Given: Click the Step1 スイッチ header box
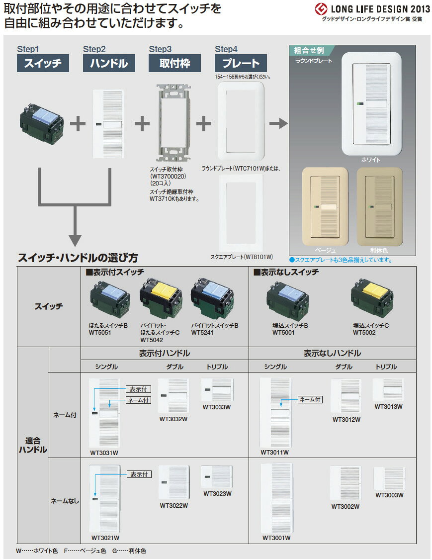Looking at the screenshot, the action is (43, 63).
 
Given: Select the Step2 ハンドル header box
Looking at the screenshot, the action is (109, 63).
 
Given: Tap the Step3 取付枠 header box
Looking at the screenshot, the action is (174, 63).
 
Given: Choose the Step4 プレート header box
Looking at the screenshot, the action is (241, 63).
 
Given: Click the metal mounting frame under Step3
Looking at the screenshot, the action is (174, 123).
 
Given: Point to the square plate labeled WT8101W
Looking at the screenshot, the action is (241, 213).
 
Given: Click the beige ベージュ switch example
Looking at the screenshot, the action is (325, 206).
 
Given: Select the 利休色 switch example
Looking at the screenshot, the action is (379, 206).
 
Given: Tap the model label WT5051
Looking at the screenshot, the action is (100, 333).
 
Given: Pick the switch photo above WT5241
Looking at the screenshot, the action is (212, 299).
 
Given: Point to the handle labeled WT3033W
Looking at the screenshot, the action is (217, 389).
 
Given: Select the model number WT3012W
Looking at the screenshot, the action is (346, 420).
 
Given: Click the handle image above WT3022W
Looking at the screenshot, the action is (174, 482).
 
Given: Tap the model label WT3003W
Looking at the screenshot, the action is (390, 495).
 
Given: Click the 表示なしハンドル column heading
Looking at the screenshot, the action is (332, 353).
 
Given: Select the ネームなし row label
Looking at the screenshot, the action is (65, 501).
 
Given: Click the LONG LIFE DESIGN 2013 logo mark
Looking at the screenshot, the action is (321, 9).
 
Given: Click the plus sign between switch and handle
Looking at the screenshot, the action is (78, 124).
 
